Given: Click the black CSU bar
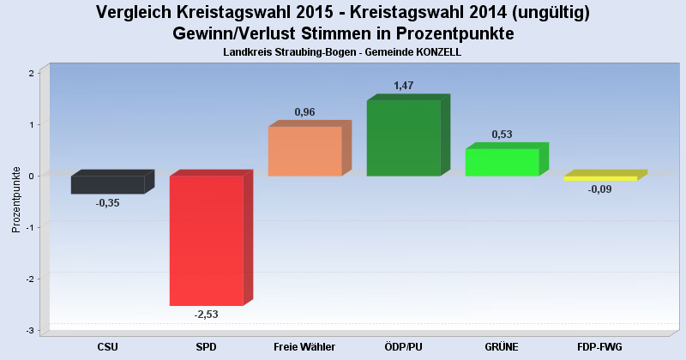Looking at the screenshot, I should click(x=107, y=184).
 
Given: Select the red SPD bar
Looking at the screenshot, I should click(x=206, y=240).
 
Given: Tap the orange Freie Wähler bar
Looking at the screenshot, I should click(x=304, y=151).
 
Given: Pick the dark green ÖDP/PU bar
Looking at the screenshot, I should click(x=403, y=138).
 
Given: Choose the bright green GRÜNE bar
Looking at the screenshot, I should click(x=502, y=162).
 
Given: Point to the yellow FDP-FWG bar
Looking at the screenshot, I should click(x=600, y=178).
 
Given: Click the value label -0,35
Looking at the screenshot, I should click(x=108, y=203).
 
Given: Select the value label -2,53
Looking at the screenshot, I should click(x=207, y=315).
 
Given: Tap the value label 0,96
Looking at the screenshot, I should click(x=305, y=112).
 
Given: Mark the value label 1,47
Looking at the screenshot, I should click(x=404, y=86).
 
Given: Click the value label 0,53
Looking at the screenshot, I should click(x=502, y=135).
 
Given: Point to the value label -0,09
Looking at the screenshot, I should click(x=600, y=189).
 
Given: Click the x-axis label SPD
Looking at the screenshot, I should click(x=206, y=346).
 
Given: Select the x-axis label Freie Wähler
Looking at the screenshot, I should click(x=304, y=346).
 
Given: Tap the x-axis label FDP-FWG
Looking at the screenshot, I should click(x=600, y=346).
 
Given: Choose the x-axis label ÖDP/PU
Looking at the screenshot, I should click(x=403, y=346).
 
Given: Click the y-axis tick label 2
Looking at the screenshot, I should click(x=31, y=73).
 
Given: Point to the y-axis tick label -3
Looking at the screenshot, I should click(x=29, y=331).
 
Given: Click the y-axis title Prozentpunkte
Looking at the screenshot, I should click(x=15, y=199).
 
